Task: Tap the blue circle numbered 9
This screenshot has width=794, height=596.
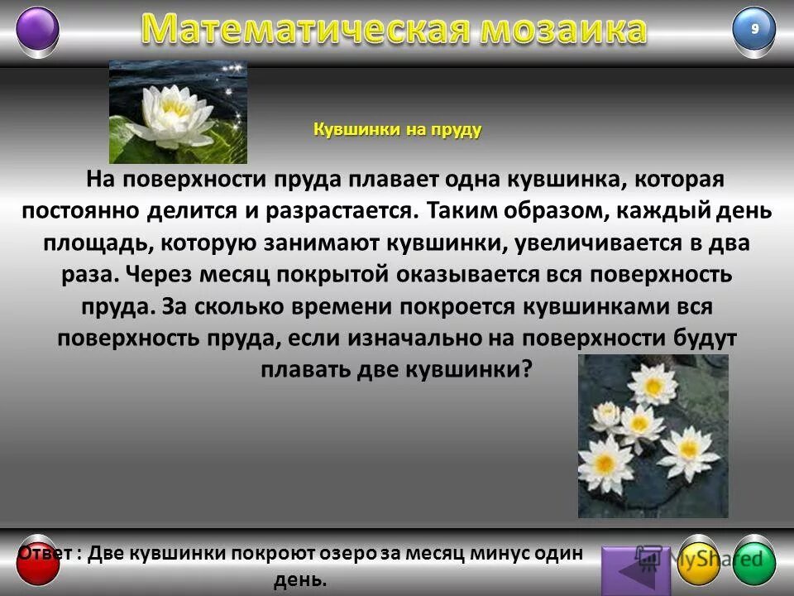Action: coord(754,30)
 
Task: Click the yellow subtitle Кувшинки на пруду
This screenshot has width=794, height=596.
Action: coord(397,130)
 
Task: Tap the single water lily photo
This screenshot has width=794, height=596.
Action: coord(178,113)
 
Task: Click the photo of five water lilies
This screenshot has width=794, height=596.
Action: coord(653,435)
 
